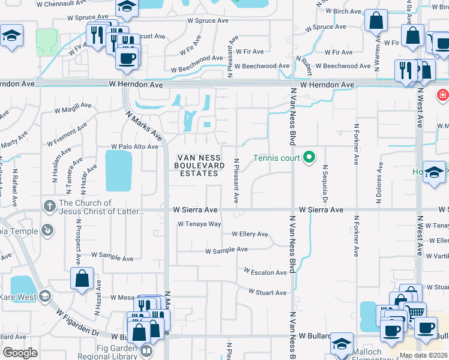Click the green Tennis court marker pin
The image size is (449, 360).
coord(309,158)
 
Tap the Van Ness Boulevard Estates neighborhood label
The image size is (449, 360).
coord(200,166)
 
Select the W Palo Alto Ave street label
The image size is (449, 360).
coord(135,146)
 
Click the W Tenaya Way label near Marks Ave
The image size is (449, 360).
coord(199,224)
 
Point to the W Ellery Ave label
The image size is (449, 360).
coord(249,234)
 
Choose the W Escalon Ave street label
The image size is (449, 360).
coord(265,272)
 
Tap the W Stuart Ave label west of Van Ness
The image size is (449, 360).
coord(268,293)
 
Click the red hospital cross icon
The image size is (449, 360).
coord(443,95)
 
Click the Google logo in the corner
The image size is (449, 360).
coord(20,353)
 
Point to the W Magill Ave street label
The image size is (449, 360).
coord(73,110)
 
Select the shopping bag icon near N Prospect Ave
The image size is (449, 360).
coord(82,279)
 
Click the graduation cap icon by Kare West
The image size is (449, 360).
coord(44,296)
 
